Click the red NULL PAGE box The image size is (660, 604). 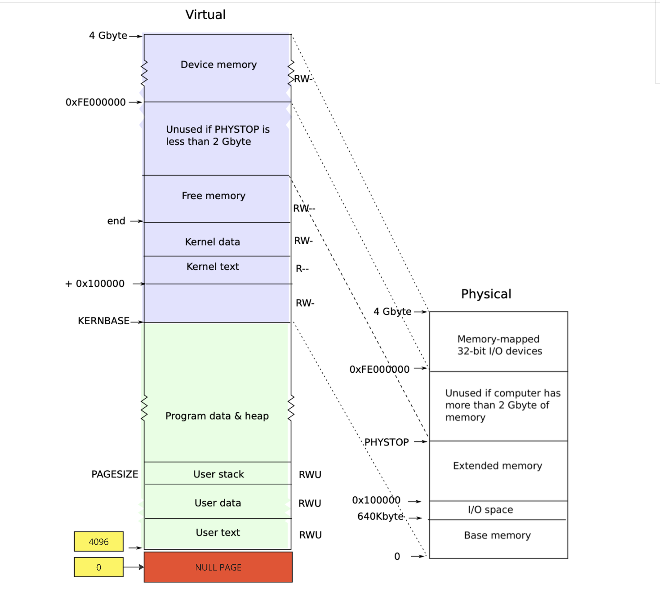(218, 567)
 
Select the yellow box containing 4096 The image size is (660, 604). (99, 542)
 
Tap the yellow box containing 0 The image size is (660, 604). (99, 567)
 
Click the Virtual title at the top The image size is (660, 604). (206, 15)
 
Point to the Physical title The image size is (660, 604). (486, 294)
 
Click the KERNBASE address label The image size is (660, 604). (104, 321)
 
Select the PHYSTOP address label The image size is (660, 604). (387, 442)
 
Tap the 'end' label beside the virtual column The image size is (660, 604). (116, 221)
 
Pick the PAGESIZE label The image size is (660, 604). (115, 474)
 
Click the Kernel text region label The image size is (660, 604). (213, 266)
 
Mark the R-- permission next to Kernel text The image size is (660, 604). (302, 269)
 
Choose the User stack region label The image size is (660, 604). (219, 474)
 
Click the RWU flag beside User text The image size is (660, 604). (310, 535)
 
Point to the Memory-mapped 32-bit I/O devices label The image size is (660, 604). (499, 345)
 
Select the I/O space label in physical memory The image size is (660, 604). (490, 510)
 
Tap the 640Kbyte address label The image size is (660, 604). (380, 516)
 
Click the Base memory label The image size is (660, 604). (497, 535)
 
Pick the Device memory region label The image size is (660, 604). (219, 65)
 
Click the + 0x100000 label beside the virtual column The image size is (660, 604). (95, 284)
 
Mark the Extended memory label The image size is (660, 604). (498, 465)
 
